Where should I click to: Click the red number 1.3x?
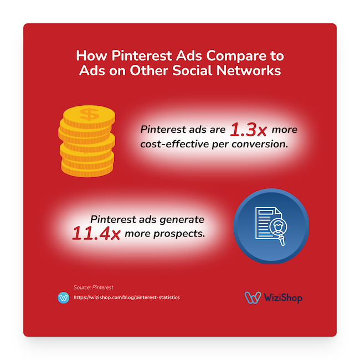point(248,131)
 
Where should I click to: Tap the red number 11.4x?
point(96,234)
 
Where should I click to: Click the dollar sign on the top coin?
point(88,115)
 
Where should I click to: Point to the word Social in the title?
point(203,71)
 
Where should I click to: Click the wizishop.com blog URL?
point(126,297)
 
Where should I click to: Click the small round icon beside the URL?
point(63,297)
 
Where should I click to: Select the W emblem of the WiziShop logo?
point(253,297)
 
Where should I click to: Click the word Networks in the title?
point(253,71)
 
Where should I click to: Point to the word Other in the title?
point(161,71)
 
